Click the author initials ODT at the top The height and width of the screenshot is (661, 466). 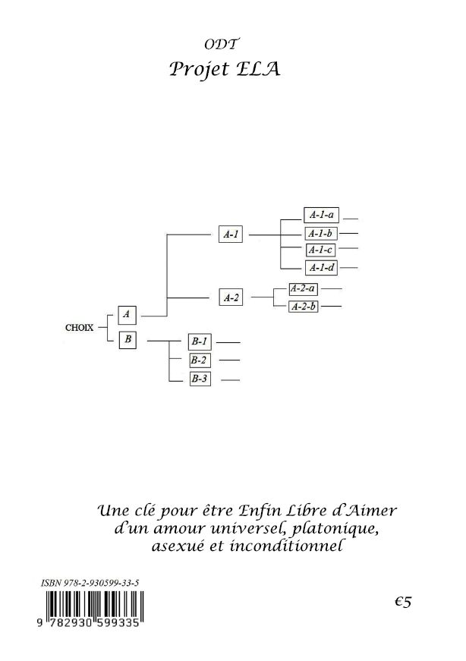point(222,44)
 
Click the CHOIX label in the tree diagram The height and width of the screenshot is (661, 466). point(79,328)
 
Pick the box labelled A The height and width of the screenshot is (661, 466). point(127,314)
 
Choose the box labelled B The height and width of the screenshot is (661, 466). point(128,339)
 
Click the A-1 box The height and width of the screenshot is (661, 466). point(231,234)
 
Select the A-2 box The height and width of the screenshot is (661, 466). point(231,297)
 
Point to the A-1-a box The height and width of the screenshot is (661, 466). point(321,215)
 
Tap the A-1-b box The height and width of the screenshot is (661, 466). point(321,233)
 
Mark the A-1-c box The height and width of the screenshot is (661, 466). point(320,250)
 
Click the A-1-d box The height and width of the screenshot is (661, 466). point(321,268)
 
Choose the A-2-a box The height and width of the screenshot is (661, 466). point(304,289)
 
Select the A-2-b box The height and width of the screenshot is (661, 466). point(304,307)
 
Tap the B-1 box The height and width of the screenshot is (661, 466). point(200,342)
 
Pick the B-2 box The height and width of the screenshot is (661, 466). point(200,360)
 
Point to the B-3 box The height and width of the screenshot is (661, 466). point(200,379)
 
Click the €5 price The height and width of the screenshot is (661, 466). point(403,602)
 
